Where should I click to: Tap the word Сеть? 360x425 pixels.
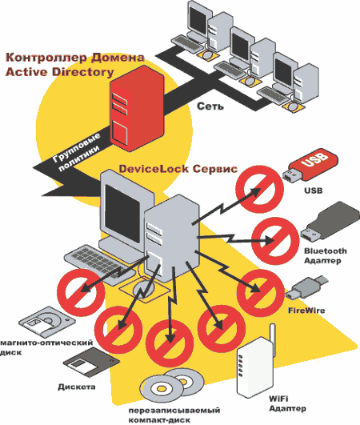pos(210,106)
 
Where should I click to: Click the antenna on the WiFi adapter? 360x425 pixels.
pos(272,339)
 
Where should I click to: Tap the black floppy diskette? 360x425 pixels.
pos(91,363)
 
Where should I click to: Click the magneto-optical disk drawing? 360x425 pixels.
pos(47,322)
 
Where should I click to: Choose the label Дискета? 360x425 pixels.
pos(77,387)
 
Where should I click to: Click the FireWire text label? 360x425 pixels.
pos(306,310)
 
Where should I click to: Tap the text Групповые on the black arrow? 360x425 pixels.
pos(76,148)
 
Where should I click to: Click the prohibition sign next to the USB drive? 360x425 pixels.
pos(259,189)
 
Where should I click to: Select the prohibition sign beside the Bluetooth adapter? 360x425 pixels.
pos(275,241)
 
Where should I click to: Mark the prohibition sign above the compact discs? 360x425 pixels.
pos(170,343)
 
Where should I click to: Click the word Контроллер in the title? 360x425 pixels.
pos(46,58)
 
